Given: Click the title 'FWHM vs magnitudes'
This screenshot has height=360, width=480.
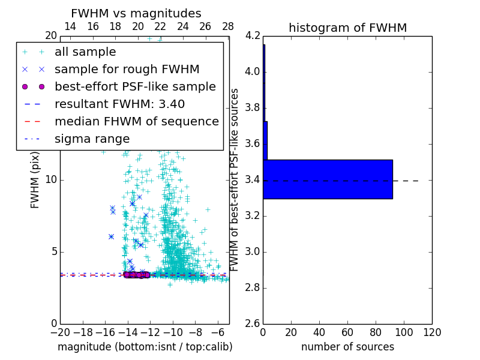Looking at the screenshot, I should (x=136, y=14).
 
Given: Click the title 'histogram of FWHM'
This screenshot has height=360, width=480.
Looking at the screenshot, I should (x=347, y=28).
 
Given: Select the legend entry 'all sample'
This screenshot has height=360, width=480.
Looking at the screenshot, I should (x=85, y=52).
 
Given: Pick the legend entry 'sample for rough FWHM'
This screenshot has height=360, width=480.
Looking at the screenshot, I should (x=127, y=70).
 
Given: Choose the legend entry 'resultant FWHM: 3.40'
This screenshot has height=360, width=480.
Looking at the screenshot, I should (x=119, y=104).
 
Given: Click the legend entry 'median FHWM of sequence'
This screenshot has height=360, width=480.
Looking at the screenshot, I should (x=136, y=122).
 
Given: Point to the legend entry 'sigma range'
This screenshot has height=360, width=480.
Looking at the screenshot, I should (x=92, y=139).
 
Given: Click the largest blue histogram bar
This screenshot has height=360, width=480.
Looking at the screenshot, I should (x=328, y=179).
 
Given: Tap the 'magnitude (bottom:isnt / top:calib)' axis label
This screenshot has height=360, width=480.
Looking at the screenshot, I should (x=145, y=347).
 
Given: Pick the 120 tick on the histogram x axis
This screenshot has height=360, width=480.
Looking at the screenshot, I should (x=431, y=332).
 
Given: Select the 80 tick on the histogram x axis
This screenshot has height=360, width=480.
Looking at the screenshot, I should (x=376, y=332).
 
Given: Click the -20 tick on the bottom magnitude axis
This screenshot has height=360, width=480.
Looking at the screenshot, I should (x=60, y=332).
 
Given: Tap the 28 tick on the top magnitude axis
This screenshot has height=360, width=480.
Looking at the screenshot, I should (x=228, y=27).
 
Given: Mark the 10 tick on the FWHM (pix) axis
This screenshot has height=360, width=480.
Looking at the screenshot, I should (x=51, y=179).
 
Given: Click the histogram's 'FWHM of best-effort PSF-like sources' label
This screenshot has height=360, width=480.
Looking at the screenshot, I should (x=235, y=179).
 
